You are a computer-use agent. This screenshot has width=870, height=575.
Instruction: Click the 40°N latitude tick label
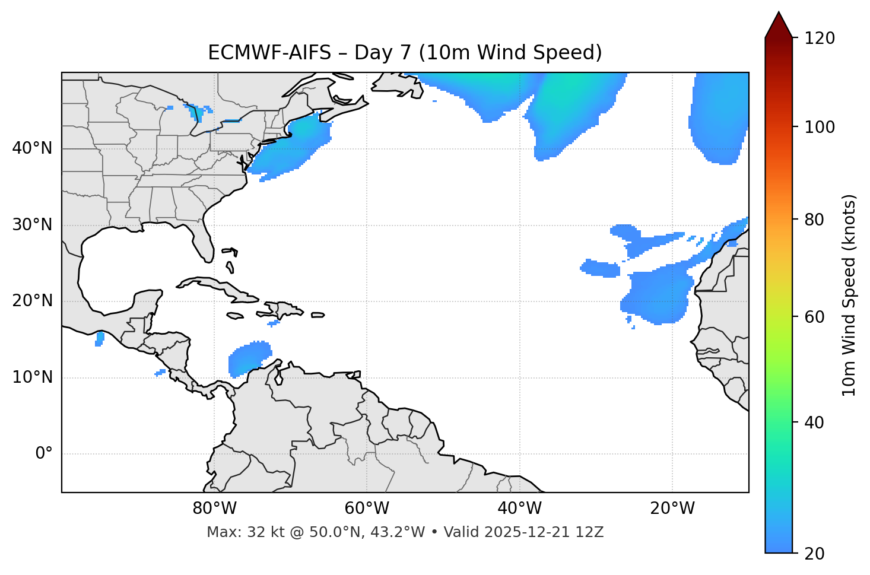click(x=32, y=148)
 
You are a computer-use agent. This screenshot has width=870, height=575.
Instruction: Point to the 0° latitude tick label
click(x=44, y=454)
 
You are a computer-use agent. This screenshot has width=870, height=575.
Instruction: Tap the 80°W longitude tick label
click(x=214, y=509)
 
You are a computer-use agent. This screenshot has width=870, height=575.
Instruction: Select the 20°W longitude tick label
click(x=672, y=509)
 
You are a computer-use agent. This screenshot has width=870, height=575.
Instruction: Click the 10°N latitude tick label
click(x=32, y=377)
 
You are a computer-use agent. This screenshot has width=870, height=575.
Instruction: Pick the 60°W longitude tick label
click(x=367, y=509)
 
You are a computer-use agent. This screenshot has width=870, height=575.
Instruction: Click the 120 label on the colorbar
click(x=820, y=38)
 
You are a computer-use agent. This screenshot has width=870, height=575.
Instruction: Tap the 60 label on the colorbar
click(x=815, y=317)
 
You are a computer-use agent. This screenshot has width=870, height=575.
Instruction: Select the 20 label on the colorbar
click(x=815, y=554)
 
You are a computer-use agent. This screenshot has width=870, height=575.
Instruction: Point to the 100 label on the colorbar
click(x=820, y=127)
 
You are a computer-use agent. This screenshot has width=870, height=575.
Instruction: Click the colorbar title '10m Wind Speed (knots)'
click(x=849, y=295)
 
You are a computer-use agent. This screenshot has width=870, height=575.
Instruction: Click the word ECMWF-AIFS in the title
click(x=269, y=53)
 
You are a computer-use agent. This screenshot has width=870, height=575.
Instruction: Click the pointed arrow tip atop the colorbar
click(x=779, y=14)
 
